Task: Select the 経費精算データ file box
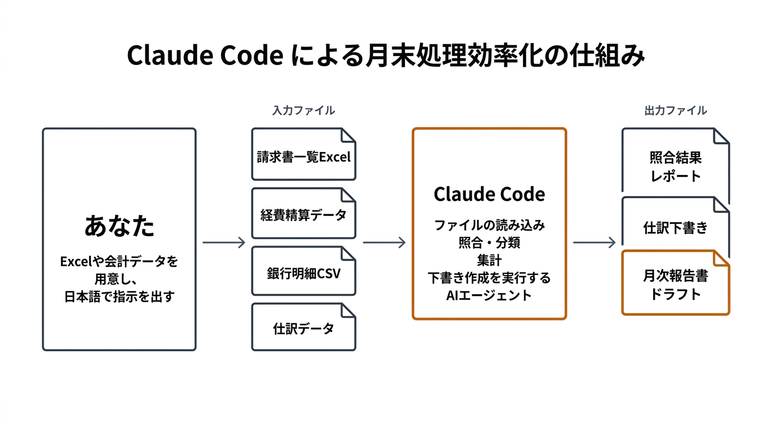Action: click(304, 214)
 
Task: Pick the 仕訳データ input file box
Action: click(304, 328)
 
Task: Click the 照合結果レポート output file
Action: click(675, 166)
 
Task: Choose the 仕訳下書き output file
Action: click(675, 228)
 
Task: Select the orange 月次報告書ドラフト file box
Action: click(675, 285)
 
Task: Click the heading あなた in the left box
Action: click(120, 226)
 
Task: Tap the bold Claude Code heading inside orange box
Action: click(489, 194)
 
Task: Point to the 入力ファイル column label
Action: click(304, 111)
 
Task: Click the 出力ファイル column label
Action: click(675, 111)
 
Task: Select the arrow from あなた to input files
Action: click(224, 242)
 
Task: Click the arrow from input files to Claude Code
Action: click(384, 242)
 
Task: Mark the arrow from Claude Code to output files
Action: click(594, 242)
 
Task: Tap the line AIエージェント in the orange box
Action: click(489, 295)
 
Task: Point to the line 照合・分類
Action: click(489, 243)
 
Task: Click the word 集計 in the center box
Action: click(489, 260)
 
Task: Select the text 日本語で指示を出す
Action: click(120, 296)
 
